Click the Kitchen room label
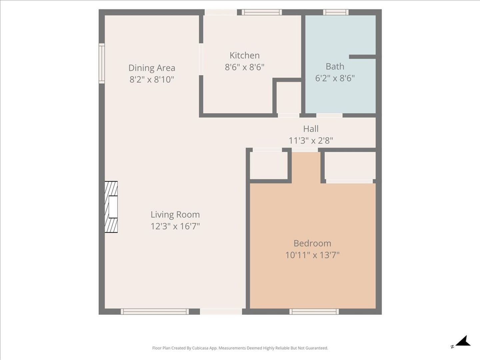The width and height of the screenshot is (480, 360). pos(244,56)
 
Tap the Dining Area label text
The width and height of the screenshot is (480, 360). pos(152,68)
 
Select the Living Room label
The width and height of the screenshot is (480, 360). pos(175,215)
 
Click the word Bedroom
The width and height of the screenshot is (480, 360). pos(312,243)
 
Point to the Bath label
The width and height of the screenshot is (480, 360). pos(335,66)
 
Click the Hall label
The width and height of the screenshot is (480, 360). pos(311,129)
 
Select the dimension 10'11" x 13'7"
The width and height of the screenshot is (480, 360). pos(312,255)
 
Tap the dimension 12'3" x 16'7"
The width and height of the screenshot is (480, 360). pos(175,226)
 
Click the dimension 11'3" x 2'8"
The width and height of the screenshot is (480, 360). pos(311,140)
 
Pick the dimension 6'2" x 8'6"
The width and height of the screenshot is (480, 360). pos(335,78)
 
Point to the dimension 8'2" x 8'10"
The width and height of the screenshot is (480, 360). pos(152,79)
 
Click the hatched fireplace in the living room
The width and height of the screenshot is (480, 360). pos(111,207)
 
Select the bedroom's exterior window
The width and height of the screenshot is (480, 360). pos(314,311)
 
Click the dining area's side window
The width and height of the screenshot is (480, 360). pos(102,63)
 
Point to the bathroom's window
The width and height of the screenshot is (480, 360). pos(336,12)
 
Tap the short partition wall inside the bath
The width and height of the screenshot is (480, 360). pos(362,57)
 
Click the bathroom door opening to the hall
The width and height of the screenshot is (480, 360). pos(329,115)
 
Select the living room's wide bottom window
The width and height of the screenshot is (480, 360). pos(155,311)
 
